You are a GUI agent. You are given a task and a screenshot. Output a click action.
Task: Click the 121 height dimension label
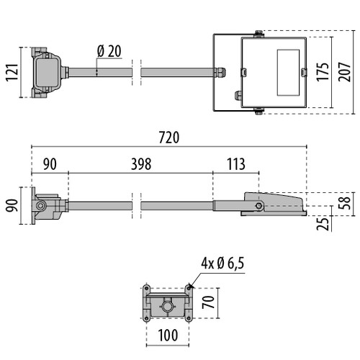(x=12, y=73)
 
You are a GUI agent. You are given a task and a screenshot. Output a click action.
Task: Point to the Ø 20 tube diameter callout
(x=109, y=50)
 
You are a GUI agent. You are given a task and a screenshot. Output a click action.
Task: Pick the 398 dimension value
(x=140, y=164)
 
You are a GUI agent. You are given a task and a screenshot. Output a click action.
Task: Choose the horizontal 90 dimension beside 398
(x=49, y=164)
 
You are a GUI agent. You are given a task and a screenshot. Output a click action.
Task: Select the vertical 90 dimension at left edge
(x=12, y=206)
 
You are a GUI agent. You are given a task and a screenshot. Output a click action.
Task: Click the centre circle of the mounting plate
(x=168, y=306)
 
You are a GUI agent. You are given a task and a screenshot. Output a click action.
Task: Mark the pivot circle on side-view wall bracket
(x=41, y=206)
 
